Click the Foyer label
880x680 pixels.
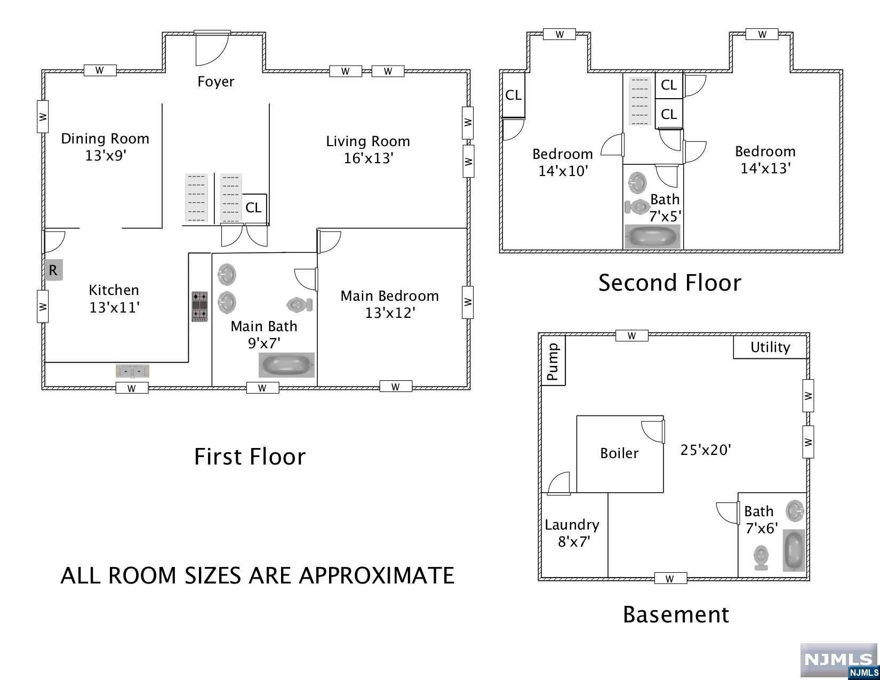[215, 82]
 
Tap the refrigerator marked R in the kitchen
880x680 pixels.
[53, 270]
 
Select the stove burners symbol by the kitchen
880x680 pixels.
[199, 307]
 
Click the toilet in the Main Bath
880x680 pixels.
[300, 304]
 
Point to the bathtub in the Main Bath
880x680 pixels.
[287, 365]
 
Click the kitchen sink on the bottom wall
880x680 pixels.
[132, 371]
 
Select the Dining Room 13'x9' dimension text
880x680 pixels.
[106, 156]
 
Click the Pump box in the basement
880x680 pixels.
[553, 361]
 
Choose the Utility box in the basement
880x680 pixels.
[770, 347]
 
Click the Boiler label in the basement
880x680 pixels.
[619, 453]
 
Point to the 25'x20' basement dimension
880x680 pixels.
[706, 450]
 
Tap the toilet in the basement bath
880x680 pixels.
[761, 558]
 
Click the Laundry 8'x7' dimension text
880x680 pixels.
[574, 542]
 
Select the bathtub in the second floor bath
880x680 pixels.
[652, 236]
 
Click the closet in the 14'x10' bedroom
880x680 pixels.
[514, 95]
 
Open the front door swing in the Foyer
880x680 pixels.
[212, 49]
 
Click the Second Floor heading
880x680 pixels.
[670, 283]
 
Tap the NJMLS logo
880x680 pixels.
[839, 660]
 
